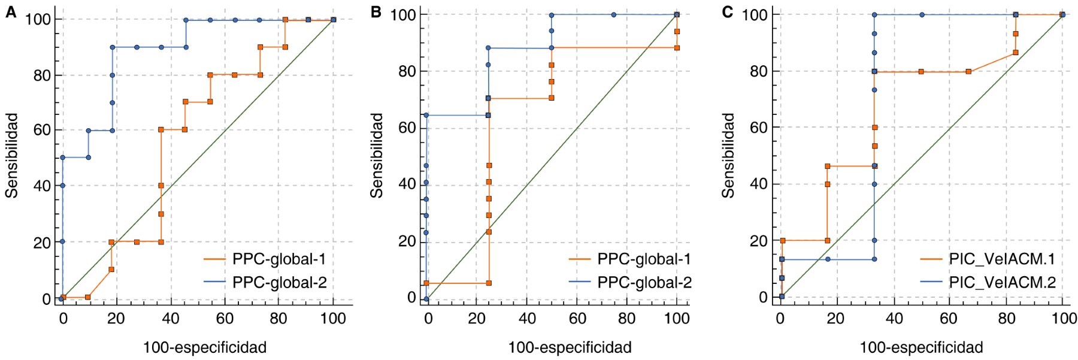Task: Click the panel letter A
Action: tap(11, 12)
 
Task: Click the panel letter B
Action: tap(376, 12)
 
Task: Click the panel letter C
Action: tap(728, 12)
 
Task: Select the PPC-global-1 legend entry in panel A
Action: tap(279, 259)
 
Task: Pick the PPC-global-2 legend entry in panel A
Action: tap(279, 282)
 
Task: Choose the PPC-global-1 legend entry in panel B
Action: tap(644, 259)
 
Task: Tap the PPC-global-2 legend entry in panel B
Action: tap(644, 282)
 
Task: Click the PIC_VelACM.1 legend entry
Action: tap(1001, 259)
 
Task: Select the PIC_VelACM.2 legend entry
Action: tap(1001, 282)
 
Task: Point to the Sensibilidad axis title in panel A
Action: tap(12, 155)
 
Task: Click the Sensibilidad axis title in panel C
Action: tap(728, 155)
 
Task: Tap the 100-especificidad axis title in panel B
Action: tap(570, 347)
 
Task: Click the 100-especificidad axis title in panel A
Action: tap(204, 347)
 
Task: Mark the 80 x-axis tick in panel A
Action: tap(278, 318)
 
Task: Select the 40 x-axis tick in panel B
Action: tap(527, 318)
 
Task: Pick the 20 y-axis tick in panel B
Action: tap(407, 241)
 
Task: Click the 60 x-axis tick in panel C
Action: tap(949, 318)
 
